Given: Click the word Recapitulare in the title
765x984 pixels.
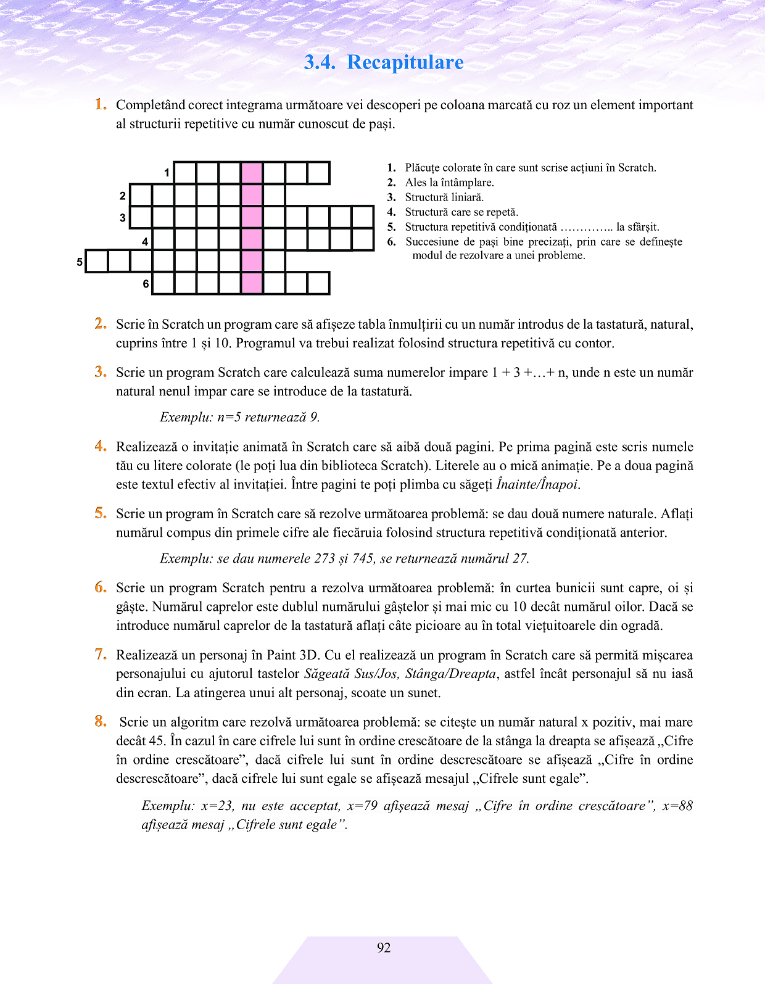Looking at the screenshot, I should tap(405, 62).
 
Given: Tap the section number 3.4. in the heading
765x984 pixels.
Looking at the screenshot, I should tap(320, 62).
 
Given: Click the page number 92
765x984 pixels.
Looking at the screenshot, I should tap(384, 948).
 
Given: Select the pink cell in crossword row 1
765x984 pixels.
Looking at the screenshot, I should tap(252, 173).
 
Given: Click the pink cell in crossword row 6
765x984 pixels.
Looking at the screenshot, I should tap(252, 283).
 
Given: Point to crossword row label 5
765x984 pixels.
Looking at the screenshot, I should tap(80, 262).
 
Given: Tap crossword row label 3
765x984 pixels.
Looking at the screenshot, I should tap(123, 218).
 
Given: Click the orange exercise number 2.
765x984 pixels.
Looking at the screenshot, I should tap(101, 324).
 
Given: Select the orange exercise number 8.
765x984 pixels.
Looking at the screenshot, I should tap(101, 721).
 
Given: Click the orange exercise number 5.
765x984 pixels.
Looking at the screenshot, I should tap(101, 513).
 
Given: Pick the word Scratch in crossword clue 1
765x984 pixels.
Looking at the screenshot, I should tap(637, 168).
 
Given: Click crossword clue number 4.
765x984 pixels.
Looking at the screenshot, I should tap(391, 212).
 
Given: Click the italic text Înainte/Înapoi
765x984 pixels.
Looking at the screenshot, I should tap(537, 485).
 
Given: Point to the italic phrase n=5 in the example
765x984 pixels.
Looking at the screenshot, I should tap(229, 418).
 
